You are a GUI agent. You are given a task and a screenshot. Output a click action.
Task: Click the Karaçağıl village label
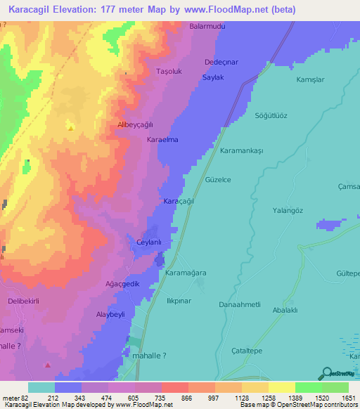coord(179,201)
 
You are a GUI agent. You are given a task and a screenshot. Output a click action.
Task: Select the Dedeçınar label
coord(221,62)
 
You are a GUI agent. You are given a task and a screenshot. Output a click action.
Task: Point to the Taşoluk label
coord(169,72)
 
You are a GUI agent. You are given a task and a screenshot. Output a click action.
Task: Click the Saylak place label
coord(213,77)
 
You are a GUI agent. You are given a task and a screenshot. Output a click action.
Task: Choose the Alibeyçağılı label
coord(136,124)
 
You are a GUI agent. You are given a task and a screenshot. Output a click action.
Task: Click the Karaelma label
coord(162,140)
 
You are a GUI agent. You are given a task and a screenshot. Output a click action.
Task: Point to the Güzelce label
coord(218,180)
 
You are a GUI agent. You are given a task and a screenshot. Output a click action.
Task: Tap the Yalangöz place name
coord(287,210)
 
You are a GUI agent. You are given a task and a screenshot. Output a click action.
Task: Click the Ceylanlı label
coord(149,242)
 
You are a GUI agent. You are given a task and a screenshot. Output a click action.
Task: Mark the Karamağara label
coord(186,272)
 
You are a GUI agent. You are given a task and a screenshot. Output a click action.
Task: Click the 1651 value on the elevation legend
coord(349,398)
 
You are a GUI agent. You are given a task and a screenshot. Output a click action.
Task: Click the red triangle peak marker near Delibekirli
coord(48,365)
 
